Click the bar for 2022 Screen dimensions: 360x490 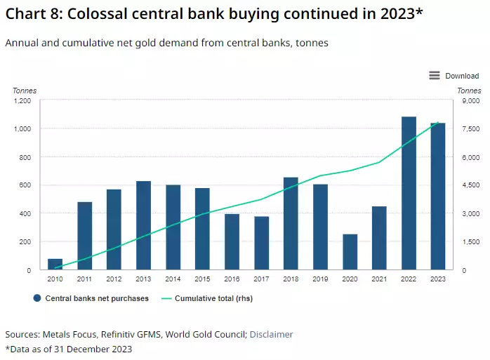coord(409,193)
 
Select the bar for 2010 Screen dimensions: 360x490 coord(55,264)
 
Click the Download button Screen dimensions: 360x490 coord(461,76)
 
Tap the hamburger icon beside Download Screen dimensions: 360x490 coord(434,76)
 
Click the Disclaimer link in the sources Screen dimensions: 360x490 coord(271,334)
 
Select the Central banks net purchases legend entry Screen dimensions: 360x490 coord(91,298)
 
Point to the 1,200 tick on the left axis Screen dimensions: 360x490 coord(22,101)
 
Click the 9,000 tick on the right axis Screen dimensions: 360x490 coord(468,101)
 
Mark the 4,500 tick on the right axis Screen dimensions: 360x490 coord(468,185)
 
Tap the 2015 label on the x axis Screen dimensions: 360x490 coord(202,279)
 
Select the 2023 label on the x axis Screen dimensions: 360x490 coord(438,279)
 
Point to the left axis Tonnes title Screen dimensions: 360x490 coord(25,91)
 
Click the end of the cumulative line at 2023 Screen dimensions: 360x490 coord(438,123)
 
